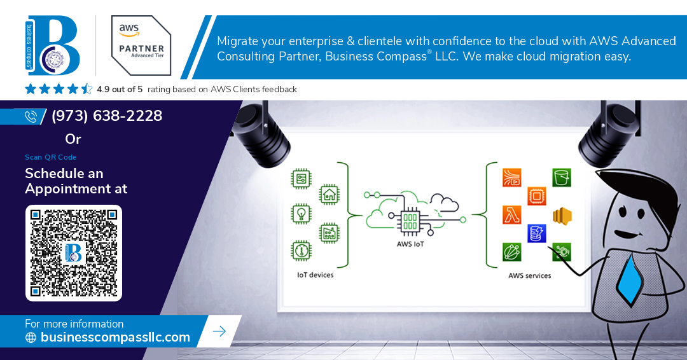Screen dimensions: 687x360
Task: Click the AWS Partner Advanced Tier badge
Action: coord(141,46)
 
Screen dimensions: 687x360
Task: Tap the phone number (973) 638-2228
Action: coord(107,116)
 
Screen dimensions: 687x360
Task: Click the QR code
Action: coord(74,253)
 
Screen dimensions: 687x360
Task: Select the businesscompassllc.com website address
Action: coord(115,337)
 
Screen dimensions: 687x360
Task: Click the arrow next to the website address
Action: coord(219,331)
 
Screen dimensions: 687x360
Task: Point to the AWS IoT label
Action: coord(410,244)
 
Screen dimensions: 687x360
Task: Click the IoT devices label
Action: coord(315,275)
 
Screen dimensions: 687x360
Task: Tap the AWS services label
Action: coord(530,275)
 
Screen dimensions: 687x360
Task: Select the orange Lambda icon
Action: coord(511,215)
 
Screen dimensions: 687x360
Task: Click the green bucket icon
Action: coord(562,177)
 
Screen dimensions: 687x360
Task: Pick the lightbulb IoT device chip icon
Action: coord(301,214)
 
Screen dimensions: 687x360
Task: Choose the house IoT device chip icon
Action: coord(330,195)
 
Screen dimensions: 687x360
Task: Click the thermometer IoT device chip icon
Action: coord(301,251)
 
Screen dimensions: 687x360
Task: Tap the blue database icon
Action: coord(537,233)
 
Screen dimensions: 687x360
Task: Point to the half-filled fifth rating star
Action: coord(87,89)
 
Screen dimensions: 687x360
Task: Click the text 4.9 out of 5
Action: coord(120,89)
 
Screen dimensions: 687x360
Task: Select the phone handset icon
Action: coord(31,116)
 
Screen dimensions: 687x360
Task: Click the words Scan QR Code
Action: coord(51,157)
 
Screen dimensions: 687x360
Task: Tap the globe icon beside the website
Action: coord(31,337)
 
